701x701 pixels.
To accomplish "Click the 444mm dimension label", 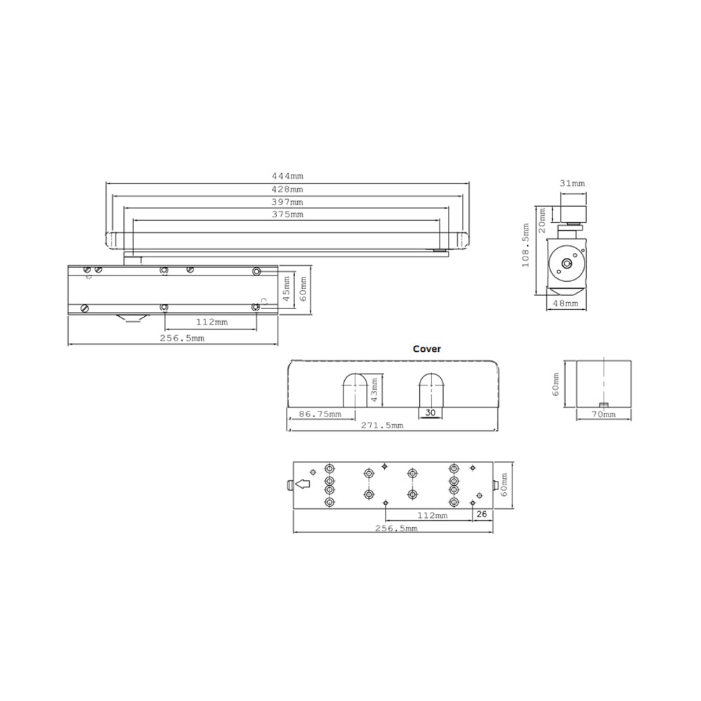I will [x=287, y=177].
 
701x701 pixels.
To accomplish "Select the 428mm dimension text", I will [x=287, y=189].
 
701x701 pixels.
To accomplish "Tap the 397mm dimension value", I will [x=287, y=202].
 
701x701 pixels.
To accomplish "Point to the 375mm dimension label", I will [x=287, y=215].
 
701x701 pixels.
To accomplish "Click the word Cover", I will [x=427, y=348].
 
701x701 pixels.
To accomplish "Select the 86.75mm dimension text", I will [x=320, y=414].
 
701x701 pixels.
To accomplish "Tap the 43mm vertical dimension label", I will [x=374, y=388].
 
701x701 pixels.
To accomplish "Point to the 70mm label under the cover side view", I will [x=603, y=415].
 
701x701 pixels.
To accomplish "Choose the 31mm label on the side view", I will [x=572, y=183].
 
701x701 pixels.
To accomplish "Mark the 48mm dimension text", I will [x=566, y=304].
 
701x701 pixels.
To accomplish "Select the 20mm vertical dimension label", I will [x=541, y=223].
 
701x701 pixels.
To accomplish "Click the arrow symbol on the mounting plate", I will [x=303, y=484].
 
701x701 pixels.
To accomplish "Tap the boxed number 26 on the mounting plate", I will [x=482, y=515].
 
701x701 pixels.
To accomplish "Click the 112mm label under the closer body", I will [x=211, y=322].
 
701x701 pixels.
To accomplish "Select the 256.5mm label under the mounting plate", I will [x=395, y=529].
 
